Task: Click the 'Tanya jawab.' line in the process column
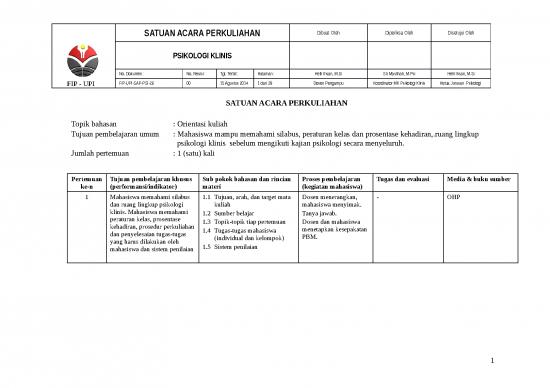(x=320, y=213)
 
